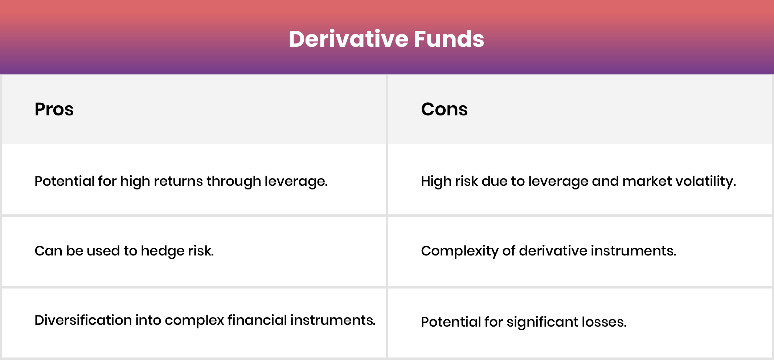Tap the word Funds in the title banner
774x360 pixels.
tap(449, 39)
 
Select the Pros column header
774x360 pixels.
tap(54, 109)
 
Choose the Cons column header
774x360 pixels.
tap(444, 109)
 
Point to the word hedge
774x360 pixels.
tap(163, 251)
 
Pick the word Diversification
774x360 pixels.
tap(83, 320)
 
